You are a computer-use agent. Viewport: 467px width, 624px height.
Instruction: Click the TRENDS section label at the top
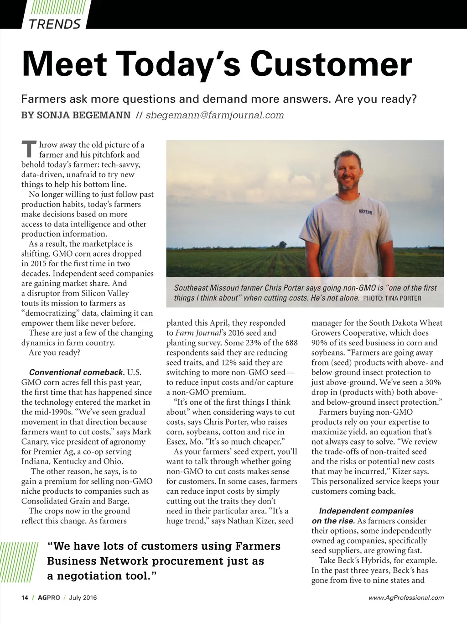click(55, 24)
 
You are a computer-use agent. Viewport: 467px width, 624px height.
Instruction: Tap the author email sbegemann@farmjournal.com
click(214, 115)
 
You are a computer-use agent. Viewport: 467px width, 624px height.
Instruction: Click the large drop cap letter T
click(29, 149)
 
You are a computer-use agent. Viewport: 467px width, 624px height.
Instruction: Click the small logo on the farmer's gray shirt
click(366, 212)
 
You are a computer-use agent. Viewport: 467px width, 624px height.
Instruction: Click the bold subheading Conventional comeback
click(77, 372)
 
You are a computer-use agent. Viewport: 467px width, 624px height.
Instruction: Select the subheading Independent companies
click(366, 511)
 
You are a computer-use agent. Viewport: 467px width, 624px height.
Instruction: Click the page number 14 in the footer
click(25, 598)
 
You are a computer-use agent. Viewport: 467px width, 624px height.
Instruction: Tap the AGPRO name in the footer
click(49, 598)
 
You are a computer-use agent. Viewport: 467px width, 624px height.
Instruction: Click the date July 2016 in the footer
click(83, 598)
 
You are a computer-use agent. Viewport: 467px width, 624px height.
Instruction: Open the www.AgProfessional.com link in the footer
click(406, 598)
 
